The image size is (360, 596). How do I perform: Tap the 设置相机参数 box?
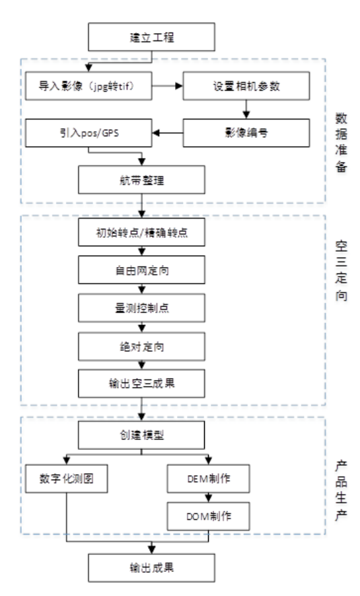[x=245, y=86]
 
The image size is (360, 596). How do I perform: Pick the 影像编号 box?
[x=245, y=132]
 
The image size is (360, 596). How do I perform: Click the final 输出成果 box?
[x=154, y=568]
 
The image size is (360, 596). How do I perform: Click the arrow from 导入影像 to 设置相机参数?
[x=168, y=86]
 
